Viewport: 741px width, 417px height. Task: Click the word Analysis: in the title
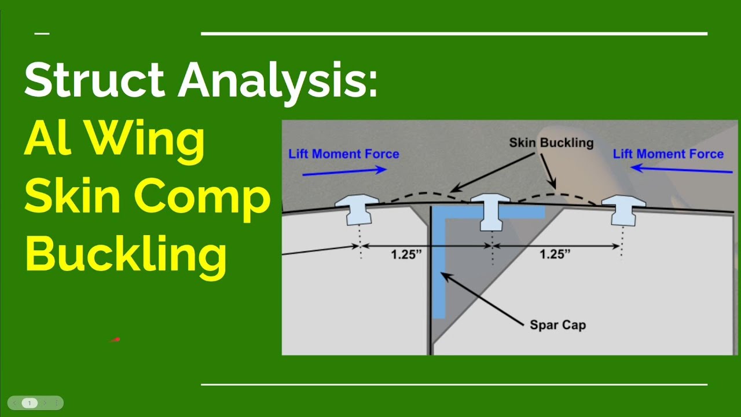(277, 81)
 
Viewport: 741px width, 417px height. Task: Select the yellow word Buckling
(126, 255)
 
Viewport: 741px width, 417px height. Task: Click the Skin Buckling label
(551, 142)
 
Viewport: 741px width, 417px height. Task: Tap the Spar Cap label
(557, 325)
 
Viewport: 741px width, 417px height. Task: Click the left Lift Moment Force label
(344, 154)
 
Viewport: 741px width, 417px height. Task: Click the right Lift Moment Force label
(668, 154)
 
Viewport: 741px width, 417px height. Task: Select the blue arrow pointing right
(353, 170)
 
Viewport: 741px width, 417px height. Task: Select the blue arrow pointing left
(681, 170)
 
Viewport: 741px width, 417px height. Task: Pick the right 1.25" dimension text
(555, 255)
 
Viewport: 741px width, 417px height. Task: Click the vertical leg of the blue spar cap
(439, 272)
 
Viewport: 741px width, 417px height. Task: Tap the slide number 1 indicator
(30, 403)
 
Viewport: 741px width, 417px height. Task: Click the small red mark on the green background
(115, 340)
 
